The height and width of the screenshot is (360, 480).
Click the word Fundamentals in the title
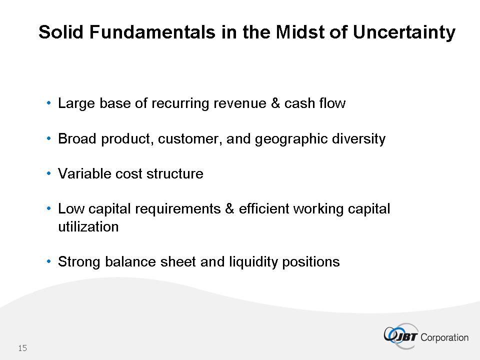pos(152,32)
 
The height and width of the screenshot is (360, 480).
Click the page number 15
pos(22,348)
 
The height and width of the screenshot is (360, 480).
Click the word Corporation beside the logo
pos(444,337)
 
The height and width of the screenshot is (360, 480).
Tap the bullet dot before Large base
pos(48,103)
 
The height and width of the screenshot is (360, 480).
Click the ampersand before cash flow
pos(275,103)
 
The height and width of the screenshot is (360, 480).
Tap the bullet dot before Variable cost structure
pos(48,173)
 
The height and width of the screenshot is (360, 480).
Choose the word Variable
pos(84,173)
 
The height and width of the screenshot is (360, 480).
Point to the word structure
pos(175,174)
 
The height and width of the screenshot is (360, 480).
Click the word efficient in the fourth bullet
pos(263,209)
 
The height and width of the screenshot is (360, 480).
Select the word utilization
pos(88,227)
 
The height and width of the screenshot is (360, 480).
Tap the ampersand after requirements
pos(229,209)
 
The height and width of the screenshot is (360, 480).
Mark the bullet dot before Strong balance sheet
pos(48,261)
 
